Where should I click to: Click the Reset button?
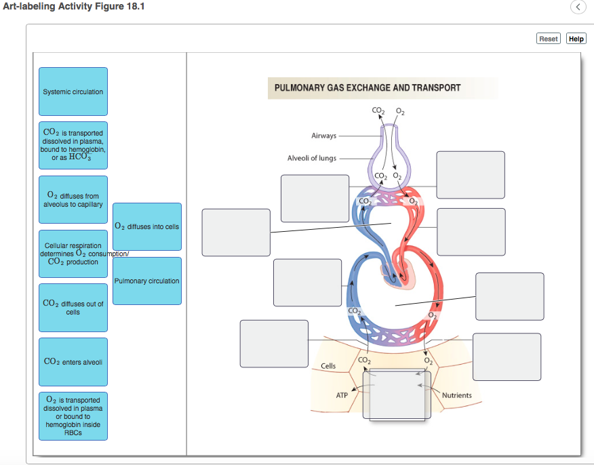pos(549,39)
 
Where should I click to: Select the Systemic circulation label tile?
pos(73,92)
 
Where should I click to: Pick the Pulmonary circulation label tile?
pos(147,281)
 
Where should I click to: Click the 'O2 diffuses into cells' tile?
pos(147,226)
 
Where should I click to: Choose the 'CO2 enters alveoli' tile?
pos(73,362)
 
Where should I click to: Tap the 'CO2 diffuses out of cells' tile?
pos(73,308)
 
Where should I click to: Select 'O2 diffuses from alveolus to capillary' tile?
pos(73,200)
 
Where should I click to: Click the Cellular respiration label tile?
pos(73,254)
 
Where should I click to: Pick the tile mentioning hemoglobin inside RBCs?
pos(73,416)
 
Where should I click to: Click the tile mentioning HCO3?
pos(73,146)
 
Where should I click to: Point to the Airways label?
pos(323,136)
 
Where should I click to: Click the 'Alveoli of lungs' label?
pos(311,158)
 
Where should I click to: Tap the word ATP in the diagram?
pos(342,395)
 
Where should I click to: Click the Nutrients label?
pos(456,395)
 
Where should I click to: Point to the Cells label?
pos(328,366)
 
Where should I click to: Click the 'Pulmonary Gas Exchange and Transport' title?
pos(368,87)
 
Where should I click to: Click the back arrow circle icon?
pos(577,7)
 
